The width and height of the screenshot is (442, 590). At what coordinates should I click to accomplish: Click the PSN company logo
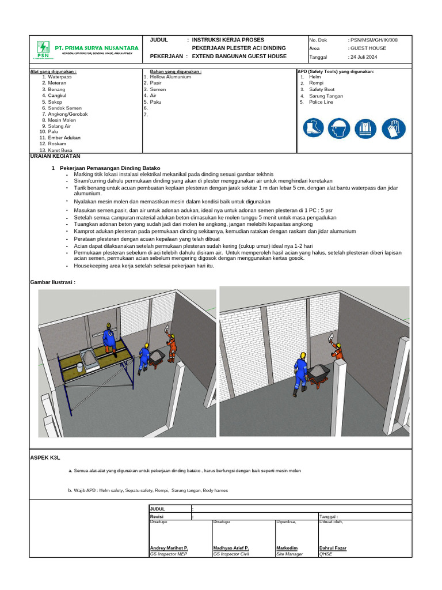point(43,49)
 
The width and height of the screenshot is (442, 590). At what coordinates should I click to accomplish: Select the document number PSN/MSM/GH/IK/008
point(373,40)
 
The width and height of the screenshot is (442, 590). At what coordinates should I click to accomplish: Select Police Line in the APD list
point(321,102)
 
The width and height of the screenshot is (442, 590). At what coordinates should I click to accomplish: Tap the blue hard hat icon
point(338,128)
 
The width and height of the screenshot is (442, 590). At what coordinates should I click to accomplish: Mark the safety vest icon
point(364,128)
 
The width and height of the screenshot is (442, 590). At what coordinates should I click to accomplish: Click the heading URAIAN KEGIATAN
point(55,156)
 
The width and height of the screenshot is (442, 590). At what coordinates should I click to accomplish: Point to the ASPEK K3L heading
point(45,456)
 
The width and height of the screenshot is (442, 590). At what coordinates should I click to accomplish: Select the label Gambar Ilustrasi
point(52,282)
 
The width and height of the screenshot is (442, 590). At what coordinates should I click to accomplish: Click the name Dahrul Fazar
point(333,548)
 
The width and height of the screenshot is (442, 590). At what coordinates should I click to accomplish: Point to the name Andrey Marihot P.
point(169,548)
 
